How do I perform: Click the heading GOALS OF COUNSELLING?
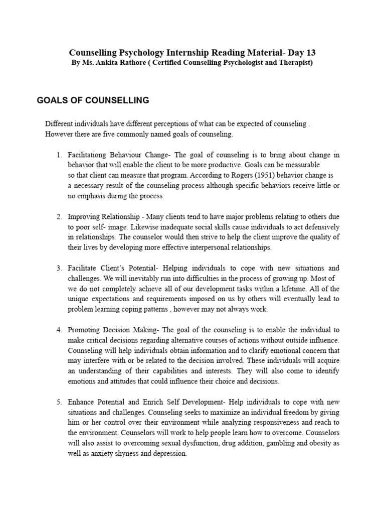point(93,100)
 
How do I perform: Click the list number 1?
point(59,155)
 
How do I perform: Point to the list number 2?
point(59,217)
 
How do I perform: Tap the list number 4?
point(59,330)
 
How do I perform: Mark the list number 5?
point(59,403)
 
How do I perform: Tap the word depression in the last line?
point(167,454)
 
